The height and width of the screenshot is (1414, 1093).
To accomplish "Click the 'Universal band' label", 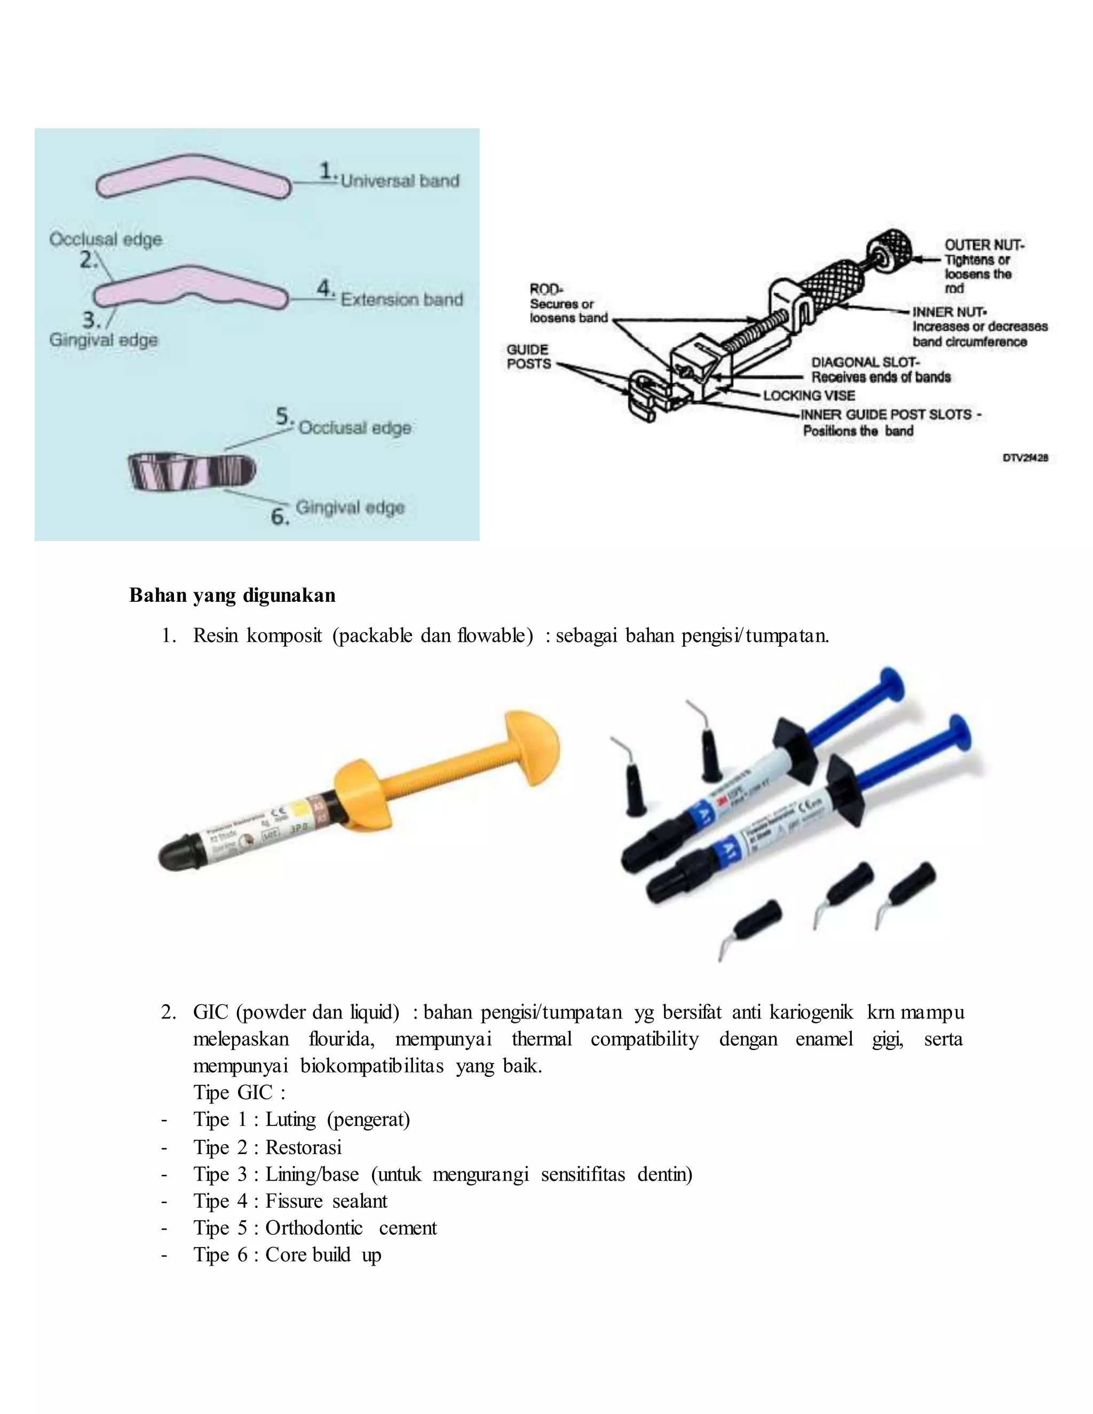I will (400, 181).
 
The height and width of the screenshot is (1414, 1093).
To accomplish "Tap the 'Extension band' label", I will (401, 300).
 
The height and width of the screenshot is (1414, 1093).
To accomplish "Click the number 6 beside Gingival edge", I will (280, 517).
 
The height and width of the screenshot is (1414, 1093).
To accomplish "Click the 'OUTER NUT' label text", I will (984, 245).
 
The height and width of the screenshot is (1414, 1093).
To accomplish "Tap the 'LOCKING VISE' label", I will (810, 395).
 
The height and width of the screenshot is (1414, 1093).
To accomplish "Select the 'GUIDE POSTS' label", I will (528, 357).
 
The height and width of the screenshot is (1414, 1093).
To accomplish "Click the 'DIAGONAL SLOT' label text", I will (865, 362).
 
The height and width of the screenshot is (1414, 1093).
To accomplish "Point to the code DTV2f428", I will (1025, 458).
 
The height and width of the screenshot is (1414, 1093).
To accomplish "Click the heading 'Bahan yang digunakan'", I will (233, 595).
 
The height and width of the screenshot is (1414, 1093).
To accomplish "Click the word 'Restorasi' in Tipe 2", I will (303, 1147).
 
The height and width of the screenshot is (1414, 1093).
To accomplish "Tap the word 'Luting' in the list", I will (290, 1119).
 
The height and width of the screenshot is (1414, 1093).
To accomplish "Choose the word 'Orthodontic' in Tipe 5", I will (314, 1228).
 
